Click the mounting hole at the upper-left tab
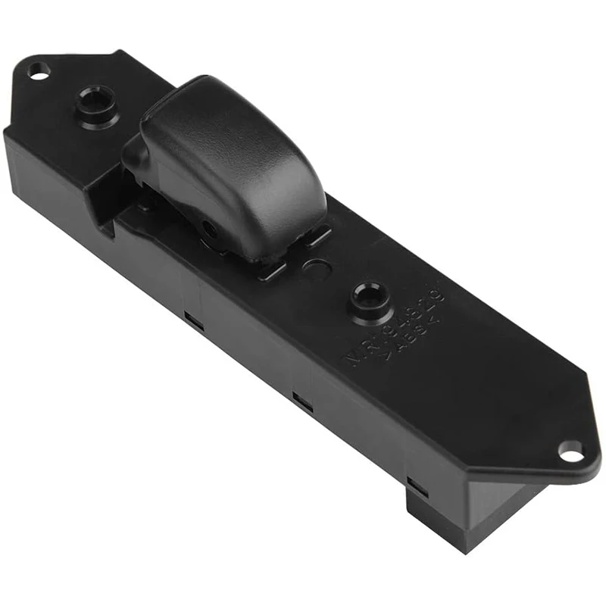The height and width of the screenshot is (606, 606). [x=38, y=71]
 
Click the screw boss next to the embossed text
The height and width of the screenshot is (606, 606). [x=370, y=297]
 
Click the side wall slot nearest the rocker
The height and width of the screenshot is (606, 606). [x=194, y=321]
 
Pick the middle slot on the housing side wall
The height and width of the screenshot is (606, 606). [x=303, y=401]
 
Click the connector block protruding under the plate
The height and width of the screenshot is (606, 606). [x=462, y=515]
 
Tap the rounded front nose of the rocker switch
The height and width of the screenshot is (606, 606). [x=136, y=155]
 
